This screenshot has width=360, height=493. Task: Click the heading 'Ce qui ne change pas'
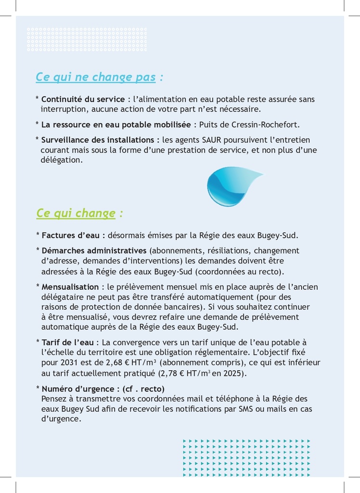(95, 77)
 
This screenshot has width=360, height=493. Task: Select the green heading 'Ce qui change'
(76, 213)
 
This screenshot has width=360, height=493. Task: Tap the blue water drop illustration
(231, 186)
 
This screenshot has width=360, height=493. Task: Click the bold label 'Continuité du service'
(83, 99)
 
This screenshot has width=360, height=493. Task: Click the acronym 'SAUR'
(212, 140)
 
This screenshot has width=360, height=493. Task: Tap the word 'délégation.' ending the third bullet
(62, 160)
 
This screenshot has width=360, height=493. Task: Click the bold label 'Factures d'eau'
(71, 236)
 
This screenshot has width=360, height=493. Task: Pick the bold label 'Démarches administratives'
(94, 251)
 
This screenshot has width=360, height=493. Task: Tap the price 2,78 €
(172, 373)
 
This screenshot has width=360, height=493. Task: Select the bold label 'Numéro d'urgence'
(77, 389)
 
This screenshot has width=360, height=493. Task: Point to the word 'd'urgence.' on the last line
(61, 419)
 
